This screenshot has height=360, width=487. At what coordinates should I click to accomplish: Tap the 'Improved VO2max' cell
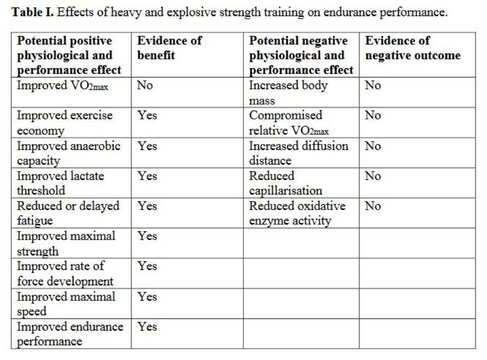(x=63, y=86)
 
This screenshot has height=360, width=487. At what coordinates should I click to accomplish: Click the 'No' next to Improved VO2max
(x=145, y=85)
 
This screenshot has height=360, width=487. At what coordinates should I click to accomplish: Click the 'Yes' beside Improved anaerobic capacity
(x=147, y=146)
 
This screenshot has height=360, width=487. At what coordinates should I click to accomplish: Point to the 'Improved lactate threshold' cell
(x=60, y=183)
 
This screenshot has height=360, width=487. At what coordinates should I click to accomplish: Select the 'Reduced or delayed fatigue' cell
(x=67, y=213)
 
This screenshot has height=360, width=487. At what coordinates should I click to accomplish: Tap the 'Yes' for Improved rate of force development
(x=147, y=266)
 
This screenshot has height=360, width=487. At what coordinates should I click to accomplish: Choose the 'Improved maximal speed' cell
(x=66, y=303)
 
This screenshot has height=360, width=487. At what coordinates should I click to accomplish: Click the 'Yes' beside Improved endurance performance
(x=147, y=326)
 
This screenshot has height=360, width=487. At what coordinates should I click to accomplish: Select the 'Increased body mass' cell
(x=288, y=92)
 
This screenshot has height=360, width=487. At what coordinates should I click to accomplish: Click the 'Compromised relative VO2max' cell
(x=288, y=123)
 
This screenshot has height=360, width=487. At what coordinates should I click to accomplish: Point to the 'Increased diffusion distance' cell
(x=298, y=153)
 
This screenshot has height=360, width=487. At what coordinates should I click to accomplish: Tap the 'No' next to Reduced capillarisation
(x=373, y=176)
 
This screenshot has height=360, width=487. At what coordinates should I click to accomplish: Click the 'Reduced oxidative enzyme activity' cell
(x=297, y=213)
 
